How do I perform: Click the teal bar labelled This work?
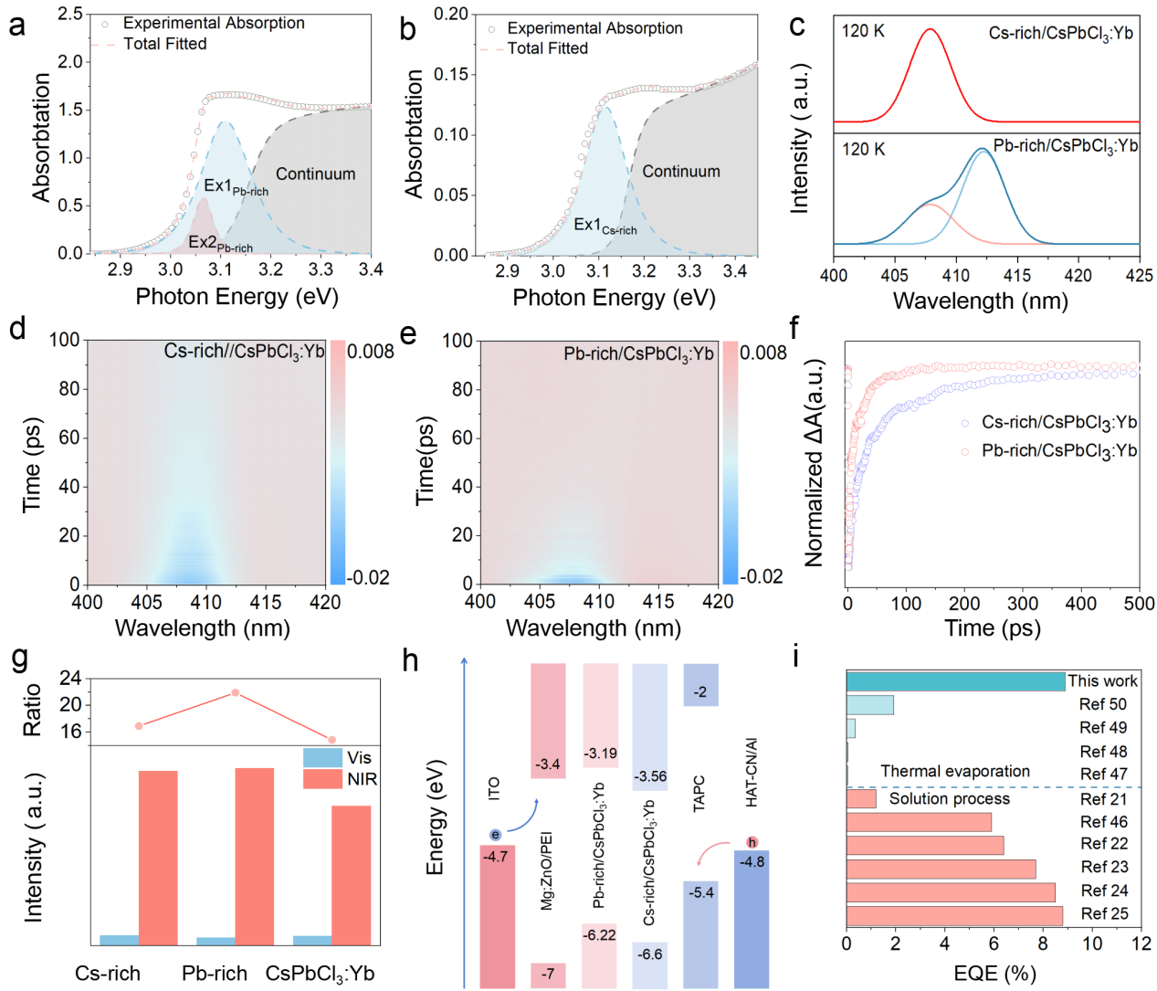pos(955,681)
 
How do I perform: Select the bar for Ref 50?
pos(869,704)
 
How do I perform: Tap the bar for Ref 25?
pos(954,914)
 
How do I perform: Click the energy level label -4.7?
pos(496,857)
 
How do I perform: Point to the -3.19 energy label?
pos(600,754)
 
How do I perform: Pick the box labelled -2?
pos(700,691)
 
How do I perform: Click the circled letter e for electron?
pos(495,835)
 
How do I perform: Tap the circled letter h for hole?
pos(752,842)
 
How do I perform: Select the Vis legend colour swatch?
pos(322,757)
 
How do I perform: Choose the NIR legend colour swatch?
pos(322,779)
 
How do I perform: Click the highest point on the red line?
pos(236,692)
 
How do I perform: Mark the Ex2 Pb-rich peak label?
pos(220,243)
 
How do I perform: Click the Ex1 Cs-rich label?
pos(605,226)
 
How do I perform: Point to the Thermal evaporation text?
pos(955,772)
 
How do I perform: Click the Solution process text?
pos(949,799)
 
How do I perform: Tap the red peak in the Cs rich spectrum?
pos(930,29)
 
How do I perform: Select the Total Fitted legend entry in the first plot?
pos(164,44)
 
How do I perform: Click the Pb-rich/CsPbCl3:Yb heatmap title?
pos(638,353)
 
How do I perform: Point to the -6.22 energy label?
pos(600,934)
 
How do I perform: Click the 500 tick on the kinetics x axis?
pos(1139,604)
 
